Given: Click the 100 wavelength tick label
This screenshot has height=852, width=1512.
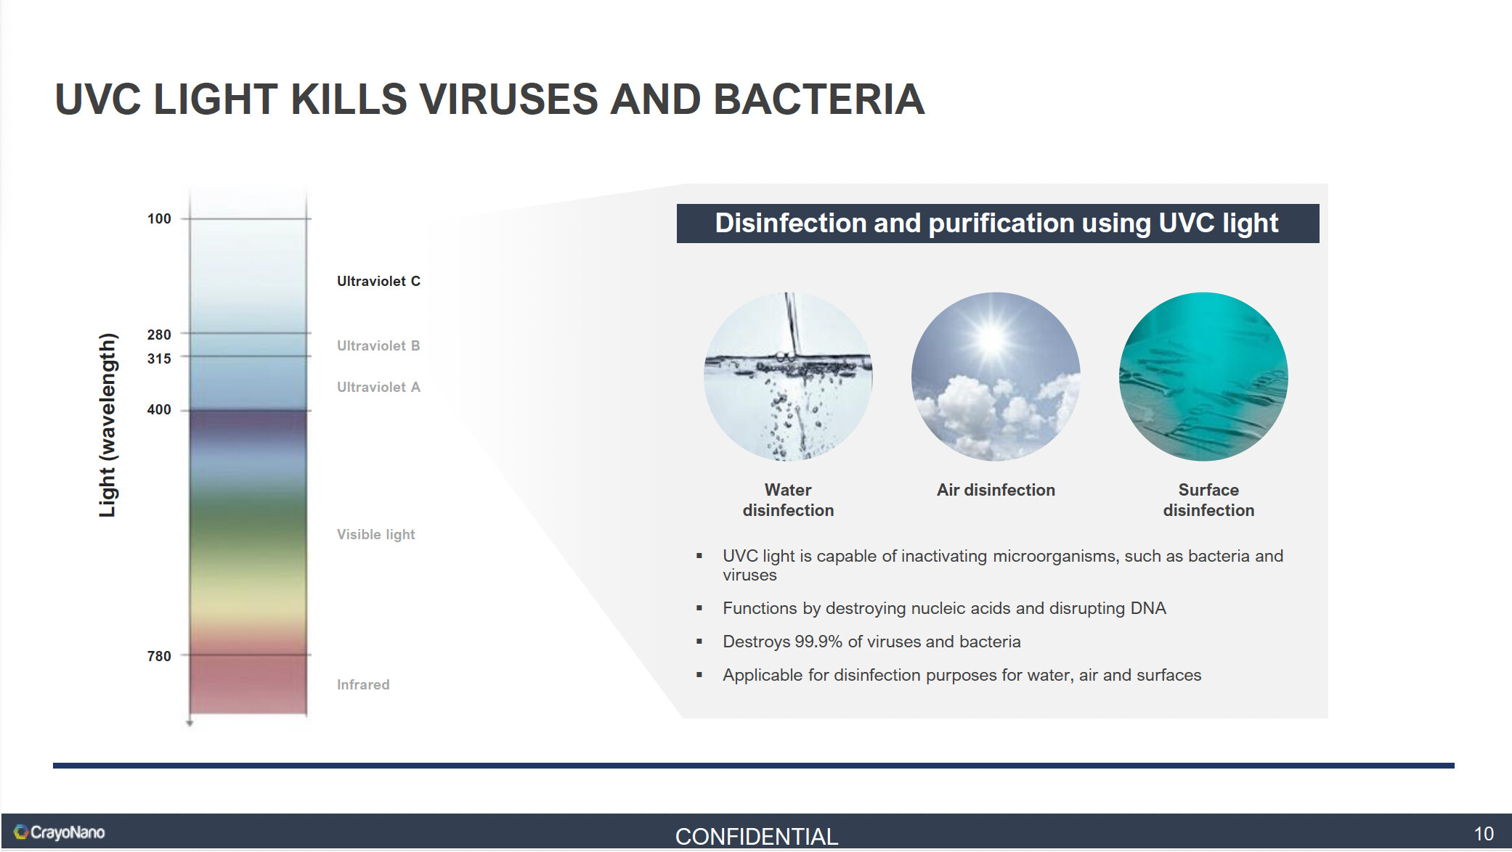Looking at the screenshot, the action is click(x=159, y=218).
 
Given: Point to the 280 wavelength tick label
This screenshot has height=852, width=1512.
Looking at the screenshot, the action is click(x=159, y=335).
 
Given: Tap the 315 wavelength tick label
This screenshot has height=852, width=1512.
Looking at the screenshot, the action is click(x=159, y=359).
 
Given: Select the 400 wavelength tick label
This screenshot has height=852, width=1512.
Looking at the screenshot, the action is click(x=159, y=409).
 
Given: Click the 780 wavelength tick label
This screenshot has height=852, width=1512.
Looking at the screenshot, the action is click(x=159, y=656).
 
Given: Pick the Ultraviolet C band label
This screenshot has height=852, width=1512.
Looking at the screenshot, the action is click(x=378, y=281).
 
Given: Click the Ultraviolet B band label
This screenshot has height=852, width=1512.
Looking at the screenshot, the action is click(x=378, y=345).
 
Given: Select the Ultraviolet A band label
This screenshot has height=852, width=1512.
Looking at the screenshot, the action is click(x=378, y=387).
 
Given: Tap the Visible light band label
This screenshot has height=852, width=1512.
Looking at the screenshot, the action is click(x=375, y=534).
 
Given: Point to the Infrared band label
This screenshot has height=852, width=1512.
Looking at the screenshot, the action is click(x=363, y=684).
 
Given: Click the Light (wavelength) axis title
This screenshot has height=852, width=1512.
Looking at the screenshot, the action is click(x=107, y=425).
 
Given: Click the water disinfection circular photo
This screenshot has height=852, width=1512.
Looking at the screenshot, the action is click(x=788, y=377).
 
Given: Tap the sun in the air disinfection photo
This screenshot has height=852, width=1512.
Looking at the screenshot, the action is click(x=992, y=338).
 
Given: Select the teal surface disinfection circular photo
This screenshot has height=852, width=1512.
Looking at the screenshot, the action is click(x=1203, y=377).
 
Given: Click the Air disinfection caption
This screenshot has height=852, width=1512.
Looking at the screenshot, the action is click(x=996, y=490).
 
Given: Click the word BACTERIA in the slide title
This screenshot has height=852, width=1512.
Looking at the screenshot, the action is click(x=819, y=99).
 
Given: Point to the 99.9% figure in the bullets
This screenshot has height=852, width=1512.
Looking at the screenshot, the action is click(x=818, y=642).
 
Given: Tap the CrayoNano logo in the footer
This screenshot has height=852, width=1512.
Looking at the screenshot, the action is click(x=60, y=832).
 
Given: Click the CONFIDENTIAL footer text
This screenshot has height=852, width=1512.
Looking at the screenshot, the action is click(x=757, y=836).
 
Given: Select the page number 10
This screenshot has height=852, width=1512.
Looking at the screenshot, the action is click(x=1484, y=834).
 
